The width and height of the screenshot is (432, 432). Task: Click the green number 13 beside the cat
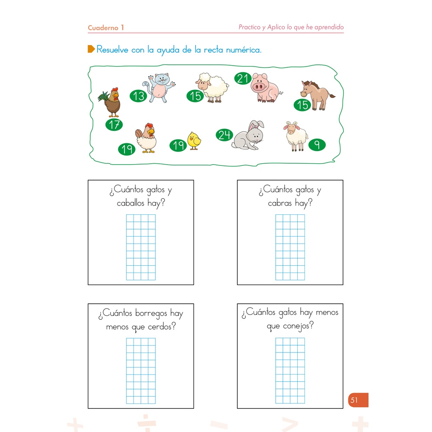[x=139, y=95]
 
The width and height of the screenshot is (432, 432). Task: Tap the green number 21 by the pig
[x=243, y=79]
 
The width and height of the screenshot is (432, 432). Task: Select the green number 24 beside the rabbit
[x=224, y=135]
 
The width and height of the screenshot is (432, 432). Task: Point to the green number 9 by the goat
[x=317, y=145]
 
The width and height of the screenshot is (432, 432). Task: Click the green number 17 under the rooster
[x=114, y=125]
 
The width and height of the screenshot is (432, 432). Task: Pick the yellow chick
[x=194, y=140]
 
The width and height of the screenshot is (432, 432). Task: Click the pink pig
[x=265, y=88]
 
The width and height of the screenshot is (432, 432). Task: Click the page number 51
[x=354, y=400]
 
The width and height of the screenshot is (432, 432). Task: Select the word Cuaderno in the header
[x=103, y=28]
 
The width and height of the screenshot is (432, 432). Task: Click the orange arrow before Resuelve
[x=91, y=49]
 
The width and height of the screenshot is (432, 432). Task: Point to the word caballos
[x=131, y=203]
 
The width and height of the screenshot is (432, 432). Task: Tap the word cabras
[x=280, y=203]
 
